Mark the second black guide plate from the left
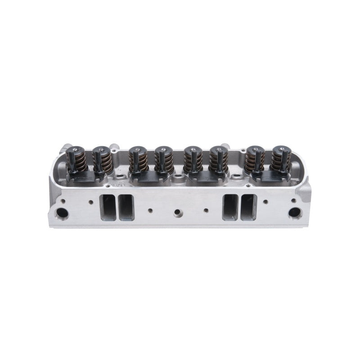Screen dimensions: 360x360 tap(148, 177)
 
